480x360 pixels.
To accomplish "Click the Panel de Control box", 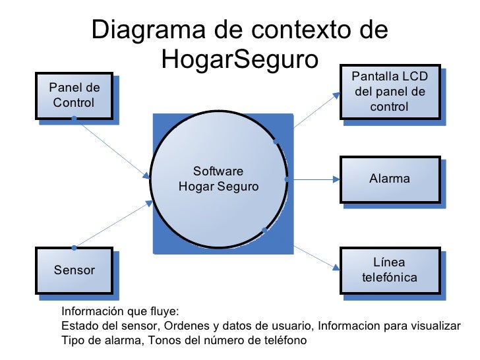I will (x=73, y=96).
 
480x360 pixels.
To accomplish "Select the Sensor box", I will (x=73, y=270).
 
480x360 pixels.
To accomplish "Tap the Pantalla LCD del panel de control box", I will (x=389, y=92).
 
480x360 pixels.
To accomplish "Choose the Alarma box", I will (x=389, y=179).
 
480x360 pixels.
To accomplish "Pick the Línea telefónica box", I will (x=389, y=270).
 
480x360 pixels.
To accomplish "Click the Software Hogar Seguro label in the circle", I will (x=218, y=179).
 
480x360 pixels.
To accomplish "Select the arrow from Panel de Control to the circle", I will (x=112, y=148).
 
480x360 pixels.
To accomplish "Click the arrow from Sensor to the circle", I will (x=112, y=225).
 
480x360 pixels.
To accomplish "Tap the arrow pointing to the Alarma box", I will (x=313, y=179).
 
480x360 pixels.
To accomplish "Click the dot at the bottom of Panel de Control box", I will (x=74, y=119).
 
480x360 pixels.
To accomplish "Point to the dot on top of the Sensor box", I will (x=74, y=248).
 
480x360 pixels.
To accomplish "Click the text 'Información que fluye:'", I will (x=119, y=312).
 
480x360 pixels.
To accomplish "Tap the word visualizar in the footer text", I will (x=437, y=326).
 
